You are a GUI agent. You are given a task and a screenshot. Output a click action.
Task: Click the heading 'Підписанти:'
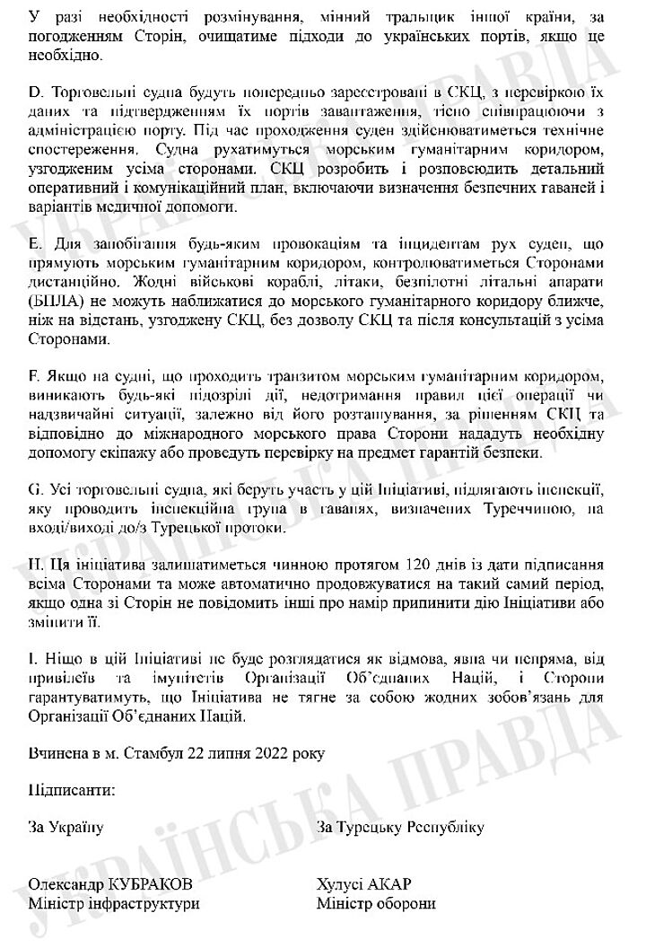72,790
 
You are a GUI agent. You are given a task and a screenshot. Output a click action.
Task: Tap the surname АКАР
389,884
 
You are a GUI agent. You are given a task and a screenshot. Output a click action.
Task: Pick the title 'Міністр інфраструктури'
114,904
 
